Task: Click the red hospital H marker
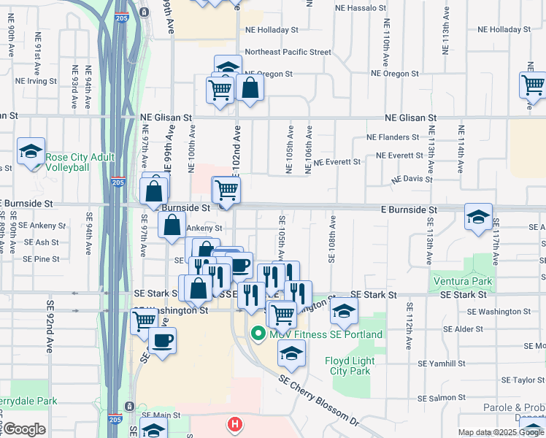(x=234, y=423)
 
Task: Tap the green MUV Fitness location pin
(x=258, y=334)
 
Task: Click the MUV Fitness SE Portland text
(x=326, y=334)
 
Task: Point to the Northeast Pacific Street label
(x=288, y=53)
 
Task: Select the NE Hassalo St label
(x=360, y=7)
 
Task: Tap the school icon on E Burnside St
(x=478, y=216)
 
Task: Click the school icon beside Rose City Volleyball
(x=31, y=151)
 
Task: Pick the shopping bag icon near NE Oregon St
(x=250, y=88)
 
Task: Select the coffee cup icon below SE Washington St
(x=162, y=339)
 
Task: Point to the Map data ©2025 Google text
(x=501, y=432)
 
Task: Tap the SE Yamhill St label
(x=442, y=363)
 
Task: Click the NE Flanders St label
(x=393, y=137)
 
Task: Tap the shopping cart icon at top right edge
(x=533, y=85)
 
